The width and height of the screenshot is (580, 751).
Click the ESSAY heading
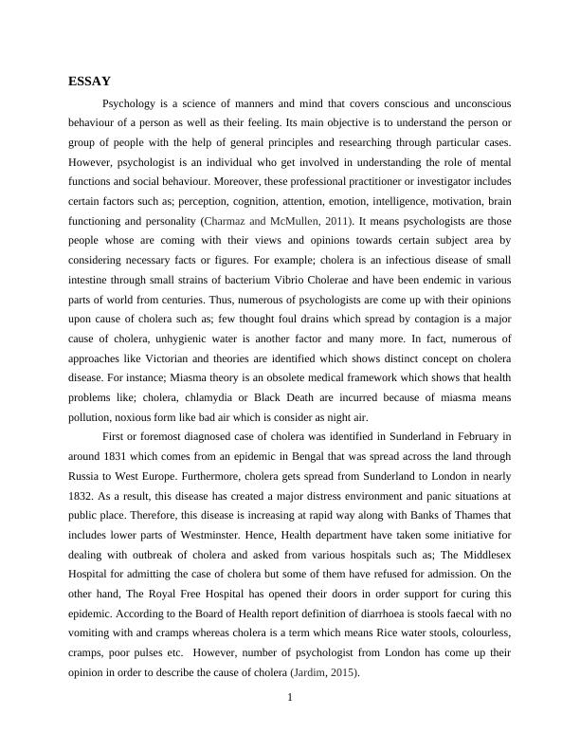[x=90, y=82]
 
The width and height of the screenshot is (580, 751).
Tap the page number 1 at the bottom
[x=290, y=700]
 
